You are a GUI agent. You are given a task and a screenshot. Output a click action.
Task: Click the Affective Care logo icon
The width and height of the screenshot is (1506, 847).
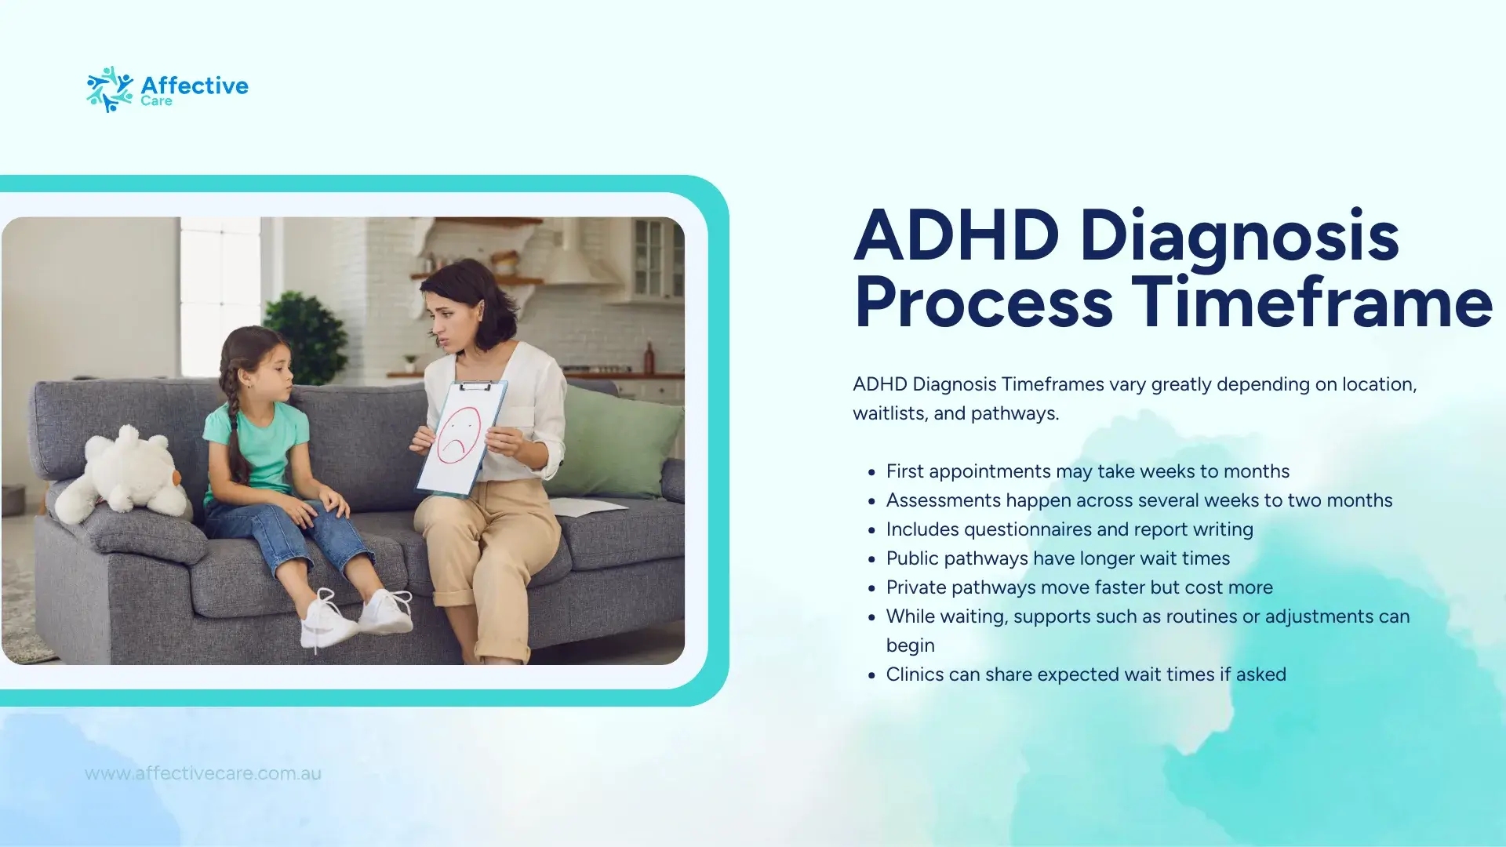pyautogui.click(x=110, y=89)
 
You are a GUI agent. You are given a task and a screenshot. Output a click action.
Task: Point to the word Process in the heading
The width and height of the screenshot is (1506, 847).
pyautogui.click(x=984, y=304)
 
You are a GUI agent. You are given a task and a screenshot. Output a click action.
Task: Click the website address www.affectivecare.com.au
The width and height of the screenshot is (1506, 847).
pyautogui.click(x=203, y=773)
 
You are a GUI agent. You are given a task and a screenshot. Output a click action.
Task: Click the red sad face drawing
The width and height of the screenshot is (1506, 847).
pyautogui.click(x=459, y=435)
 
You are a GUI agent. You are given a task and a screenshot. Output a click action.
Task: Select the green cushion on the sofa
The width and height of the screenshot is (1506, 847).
pyautogui.click(x=615, y=441)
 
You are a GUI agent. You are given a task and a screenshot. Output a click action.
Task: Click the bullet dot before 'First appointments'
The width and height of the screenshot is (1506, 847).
pyautogui.click(x=871, y=472)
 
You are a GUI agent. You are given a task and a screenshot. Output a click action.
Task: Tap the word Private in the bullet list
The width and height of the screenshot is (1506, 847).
pyautogui.click(x=916, y=587)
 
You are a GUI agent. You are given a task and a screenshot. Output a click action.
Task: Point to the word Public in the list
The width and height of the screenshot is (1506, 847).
pyautogui.click(x=912, y=558)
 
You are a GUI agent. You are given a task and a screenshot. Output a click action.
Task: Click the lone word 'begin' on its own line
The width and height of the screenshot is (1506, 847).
pyautogui.click(x=911, y=646)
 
